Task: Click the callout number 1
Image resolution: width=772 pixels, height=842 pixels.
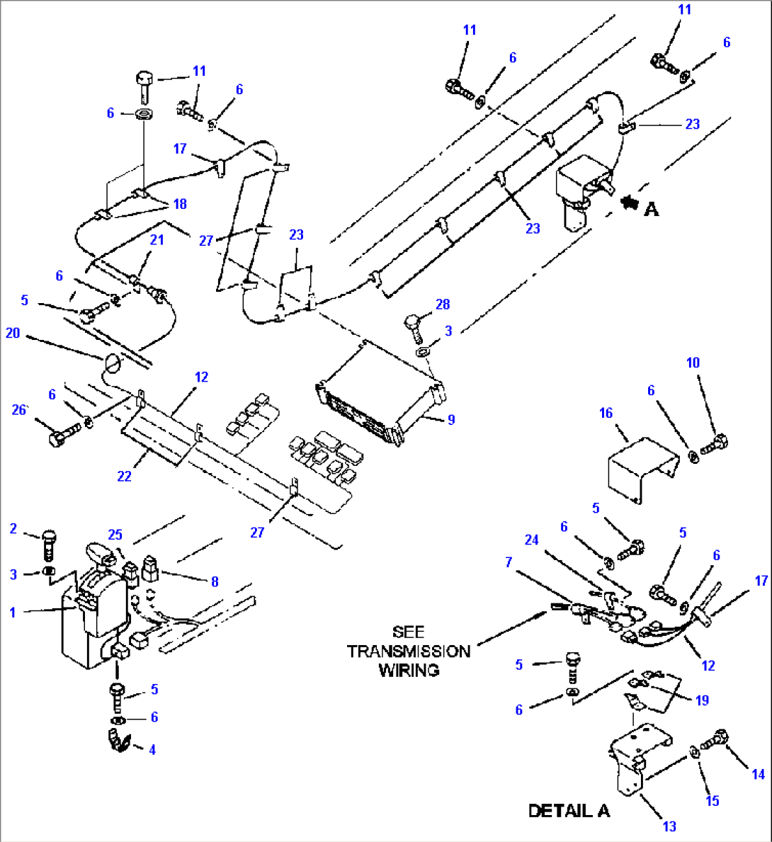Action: [x=12, y=612]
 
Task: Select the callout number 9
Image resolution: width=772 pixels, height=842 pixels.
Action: [x=451, y=419]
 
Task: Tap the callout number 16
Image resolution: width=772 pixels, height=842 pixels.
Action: [x=606, y=413]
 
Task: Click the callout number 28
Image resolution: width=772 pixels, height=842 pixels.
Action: [x=443, y=305]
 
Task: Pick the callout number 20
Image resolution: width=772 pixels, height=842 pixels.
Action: [x=13, y=332]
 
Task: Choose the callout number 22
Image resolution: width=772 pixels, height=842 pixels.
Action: [x=124, y=476]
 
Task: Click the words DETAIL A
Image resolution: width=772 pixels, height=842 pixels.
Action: [x=569, y=810]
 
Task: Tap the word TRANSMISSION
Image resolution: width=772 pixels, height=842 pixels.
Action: [x=409, y=652]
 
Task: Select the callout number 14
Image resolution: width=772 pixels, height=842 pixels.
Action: [x=758, y=774]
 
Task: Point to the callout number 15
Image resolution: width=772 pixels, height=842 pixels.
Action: [x=712, y=800]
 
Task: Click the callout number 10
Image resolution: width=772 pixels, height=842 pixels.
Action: [x=693, y=363]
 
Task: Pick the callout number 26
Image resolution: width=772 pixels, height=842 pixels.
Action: [x=19, y=409]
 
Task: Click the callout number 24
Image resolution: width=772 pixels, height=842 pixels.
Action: [x=531, y=540]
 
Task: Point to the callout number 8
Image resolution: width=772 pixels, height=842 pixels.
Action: [x=215, y=581]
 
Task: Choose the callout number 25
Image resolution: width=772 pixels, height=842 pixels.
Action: [x=115, y=534]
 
